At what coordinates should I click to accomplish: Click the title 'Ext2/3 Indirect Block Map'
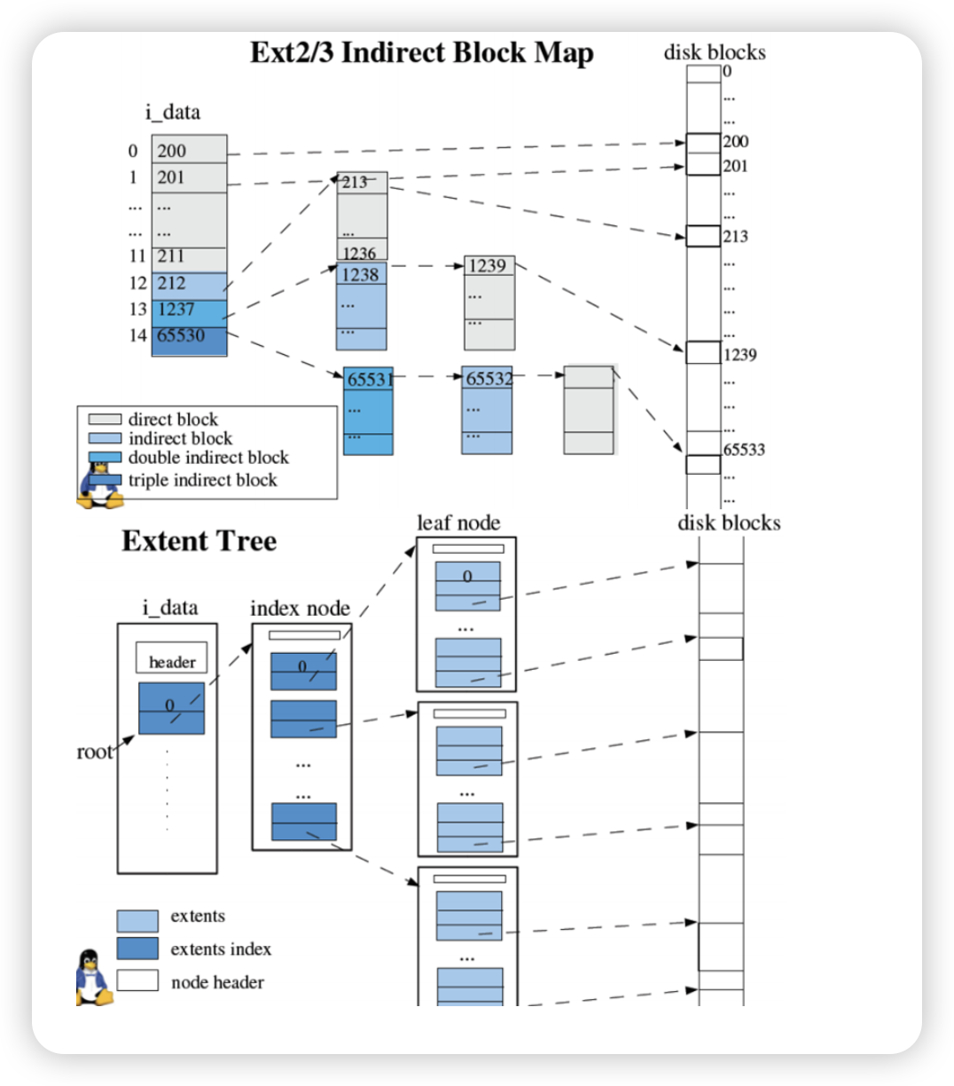[x=422, y=53]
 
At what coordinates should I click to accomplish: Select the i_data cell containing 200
[x=189, y=151]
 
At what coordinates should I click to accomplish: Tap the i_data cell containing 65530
[x=189, y=337]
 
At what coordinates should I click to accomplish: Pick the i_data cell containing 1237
[x=189, y=311]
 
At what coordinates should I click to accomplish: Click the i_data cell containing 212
[x=189, y=284]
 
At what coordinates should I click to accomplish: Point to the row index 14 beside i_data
[x=137, y=336]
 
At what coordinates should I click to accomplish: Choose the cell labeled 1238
[x=362, y=275]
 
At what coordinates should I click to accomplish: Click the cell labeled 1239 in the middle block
[x=489, y=266]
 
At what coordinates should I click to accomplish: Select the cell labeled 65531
[x=369, y=380]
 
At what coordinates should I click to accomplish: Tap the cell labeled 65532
[x=488, y=379]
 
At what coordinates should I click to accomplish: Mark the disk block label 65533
[x=744, y=450]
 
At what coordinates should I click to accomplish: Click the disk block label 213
[x=735, y=237]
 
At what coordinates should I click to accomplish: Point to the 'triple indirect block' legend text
[x=202, y=481]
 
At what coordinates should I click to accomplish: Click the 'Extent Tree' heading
[x=199, y=541]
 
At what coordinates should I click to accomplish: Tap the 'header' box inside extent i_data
[x=172, y=662]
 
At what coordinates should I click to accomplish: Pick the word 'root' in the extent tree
[x=95, y=752]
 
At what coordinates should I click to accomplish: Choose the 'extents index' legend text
[x=221, y=949]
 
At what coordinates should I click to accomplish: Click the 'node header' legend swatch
[x=137, y=981]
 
